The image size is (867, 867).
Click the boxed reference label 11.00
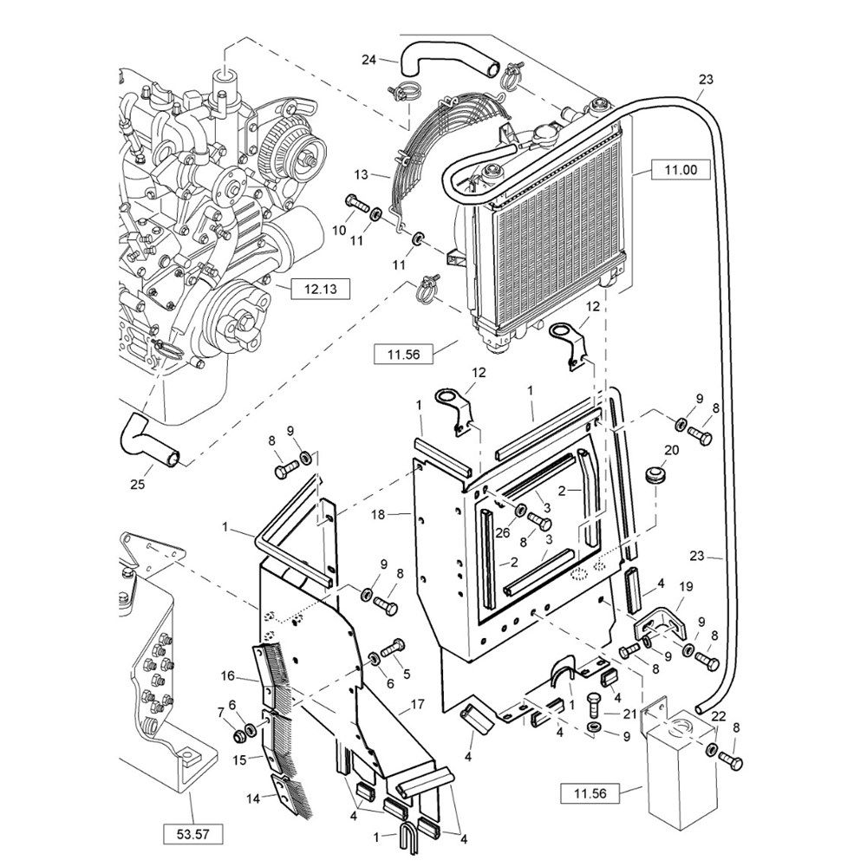pyautogui.click(x=681, y=171)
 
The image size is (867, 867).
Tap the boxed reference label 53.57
pyautogui.click(x=192, y=834)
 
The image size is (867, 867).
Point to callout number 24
pyautogui.click(x=368, y=60)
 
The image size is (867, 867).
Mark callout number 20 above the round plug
pyautogui.click(x=671, y=450)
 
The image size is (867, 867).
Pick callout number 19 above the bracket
pyautogui.click(x=686, y=587)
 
